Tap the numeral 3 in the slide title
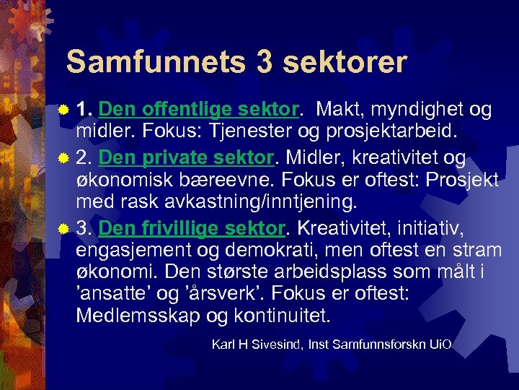click(265, 62)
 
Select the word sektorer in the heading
click(345, 62)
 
